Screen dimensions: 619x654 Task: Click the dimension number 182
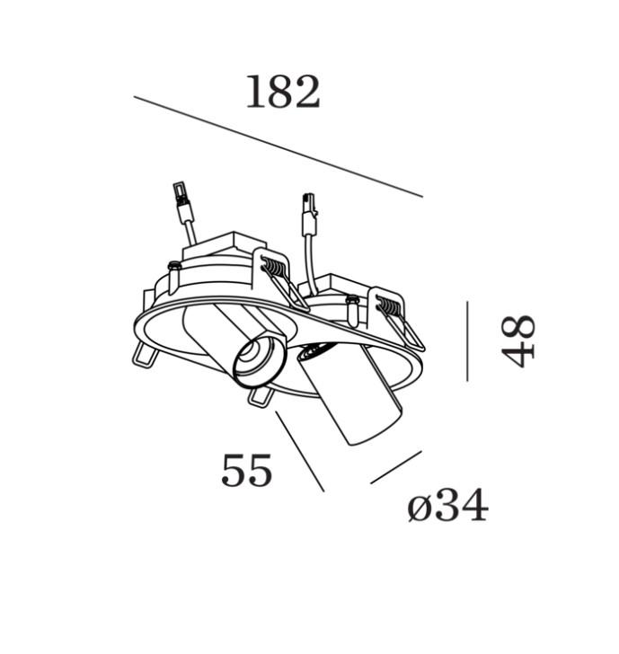[283, 93]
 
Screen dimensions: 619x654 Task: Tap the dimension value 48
[518, 341]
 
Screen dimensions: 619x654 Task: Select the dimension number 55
[246, 470]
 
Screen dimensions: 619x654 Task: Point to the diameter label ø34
[447, 505]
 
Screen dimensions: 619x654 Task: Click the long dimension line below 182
[279, 146]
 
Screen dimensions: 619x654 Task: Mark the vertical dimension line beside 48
[467, 341]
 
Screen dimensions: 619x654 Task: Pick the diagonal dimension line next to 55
[300, 451]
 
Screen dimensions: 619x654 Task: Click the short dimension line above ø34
[396, 467]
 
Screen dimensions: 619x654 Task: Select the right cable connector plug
[309, 215]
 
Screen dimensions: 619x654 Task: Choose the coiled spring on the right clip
[390, 306]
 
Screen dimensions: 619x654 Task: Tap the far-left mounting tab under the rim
[144, 355]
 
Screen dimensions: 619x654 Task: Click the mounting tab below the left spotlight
[261, 397]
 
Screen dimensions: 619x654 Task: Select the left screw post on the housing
[174, 278]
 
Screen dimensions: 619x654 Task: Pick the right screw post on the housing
[352, 310]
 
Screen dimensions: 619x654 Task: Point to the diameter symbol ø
[419, 509]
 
